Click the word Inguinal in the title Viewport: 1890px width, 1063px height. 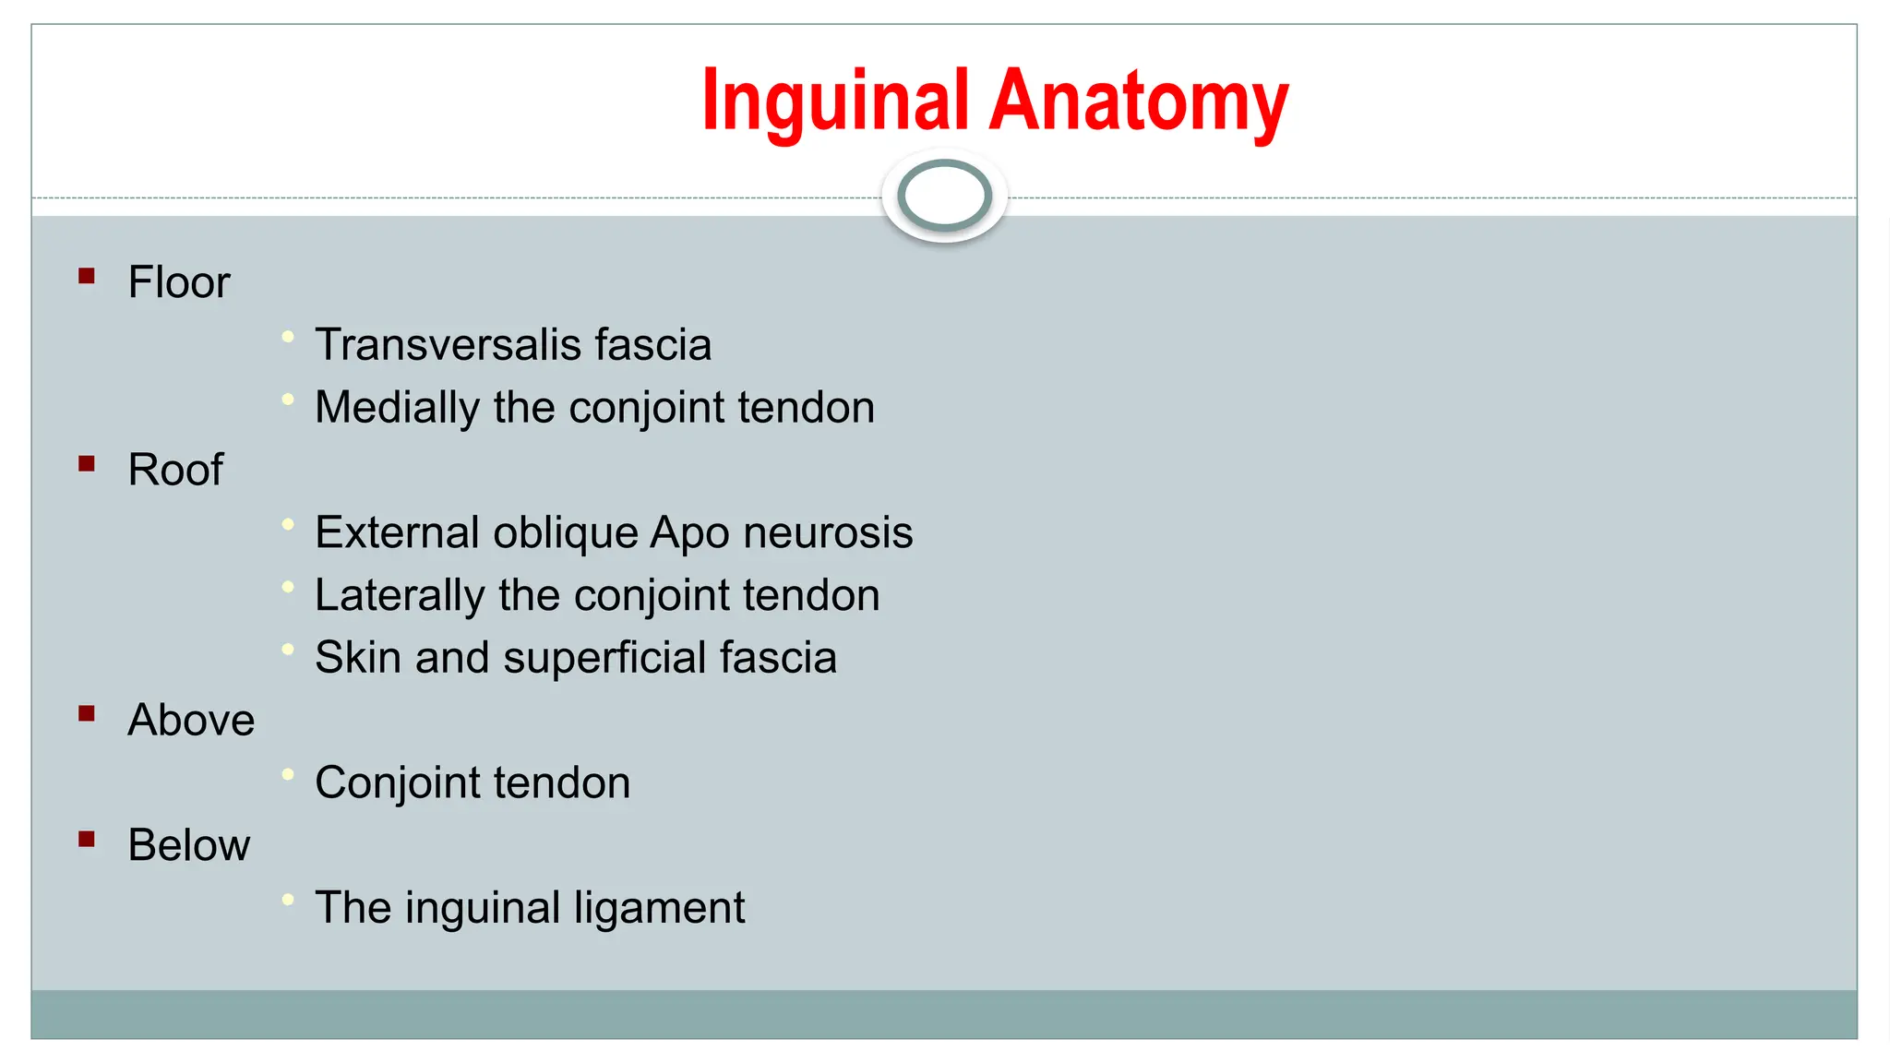(x=834, y=102)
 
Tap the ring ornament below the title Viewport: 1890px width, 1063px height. (x=944, y=196)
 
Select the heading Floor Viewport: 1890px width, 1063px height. (x=178, y=282)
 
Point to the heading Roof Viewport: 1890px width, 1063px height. (x=175, y=470)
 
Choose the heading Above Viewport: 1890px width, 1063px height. (x=191, y=720)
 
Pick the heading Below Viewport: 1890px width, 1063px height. (x=188, y=845)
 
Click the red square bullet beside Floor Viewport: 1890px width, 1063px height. (x=87, y=276)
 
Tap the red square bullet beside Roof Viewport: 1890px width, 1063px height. (x=87, y=463)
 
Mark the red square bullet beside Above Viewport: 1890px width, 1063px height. (x=87, y=713)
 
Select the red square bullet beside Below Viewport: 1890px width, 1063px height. (x=87, y=839)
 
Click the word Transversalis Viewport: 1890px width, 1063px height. (x=449, y=345)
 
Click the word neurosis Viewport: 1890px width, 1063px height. (x=828, y=533)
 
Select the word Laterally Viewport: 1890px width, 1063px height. (x=399, y=596)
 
